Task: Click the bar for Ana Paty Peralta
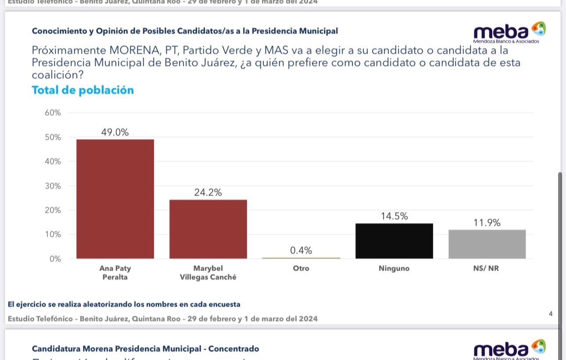115,199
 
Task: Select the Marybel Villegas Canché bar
208,229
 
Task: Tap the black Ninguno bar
394,241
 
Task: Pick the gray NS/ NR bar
487,244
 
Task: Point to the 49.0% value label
115,132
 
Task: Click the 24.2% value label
208,192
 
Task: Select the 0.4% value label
301,250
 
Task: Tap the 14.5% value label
394,216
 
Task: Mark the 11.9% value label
487,223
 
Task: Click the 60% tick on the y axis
53,113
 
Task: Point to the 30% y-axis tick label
53,186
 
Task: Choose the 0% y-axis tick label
55,259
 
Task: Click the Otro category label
301,268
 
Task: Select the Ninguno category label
394,268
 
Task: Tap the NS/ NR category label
487,268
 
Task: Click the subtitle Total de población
82,90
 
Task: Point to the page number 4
551,313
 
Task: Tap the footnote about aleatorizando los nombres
124,304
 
